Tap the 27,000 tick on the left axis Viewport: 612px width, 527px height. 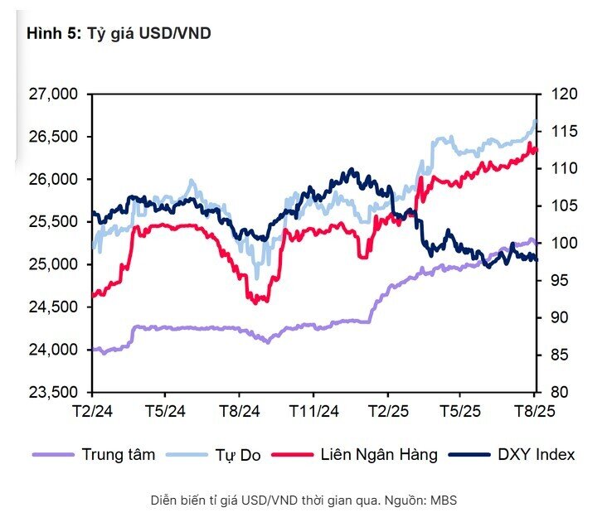tap(52, 94)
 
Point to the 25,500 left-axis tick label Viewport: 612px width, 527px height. tap(52, 222)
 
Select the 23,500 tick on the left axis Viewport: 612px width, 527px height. tap(52, 392)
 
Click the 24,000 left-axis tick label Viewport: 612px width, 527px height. tap(52, 350)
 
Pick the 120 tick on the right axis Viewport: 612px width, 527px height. tap(557, 94)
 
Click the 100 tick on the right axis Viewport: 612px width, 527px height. tap(557, 244)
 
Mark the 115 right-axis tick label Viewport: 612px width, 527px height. tap(557, 132)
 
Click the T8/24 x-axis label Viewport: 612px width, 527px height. tap(240, 410)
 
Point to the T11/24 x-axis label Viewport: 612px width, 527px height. tap(313, 410)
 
